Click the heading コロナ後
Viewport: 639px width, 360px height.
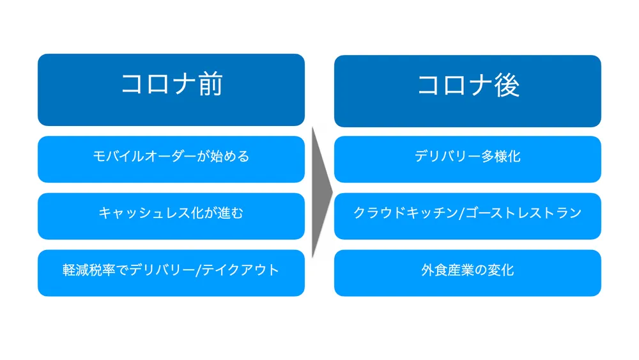pyautogui.click(x=468, y=85)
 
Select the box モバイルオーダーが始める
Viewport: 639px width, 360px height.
pyautogui.click(x=171, y=157)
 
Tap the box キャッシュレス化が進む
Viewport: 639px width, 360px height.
pyautogui.click(x=171, y=214)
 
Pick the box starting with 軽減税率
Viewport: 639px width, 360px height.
pyautogui.click(x=171, y=270)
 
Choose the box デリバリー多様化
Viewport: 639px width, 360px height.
pyautogui.click(x=468, y=157)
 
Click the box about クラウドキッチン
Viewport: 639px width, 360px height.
pyautogui.click(x=468, y=214)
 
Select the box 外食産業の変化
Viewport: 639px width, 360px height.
pyautogui.click(x=468, y=270)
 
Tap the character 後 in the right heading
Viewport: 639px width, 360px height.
pyautogui.click(x=507, y=85)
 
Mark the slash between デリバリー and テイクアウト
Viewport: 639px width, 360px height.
pyautogui.click(x=199, y=270)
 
